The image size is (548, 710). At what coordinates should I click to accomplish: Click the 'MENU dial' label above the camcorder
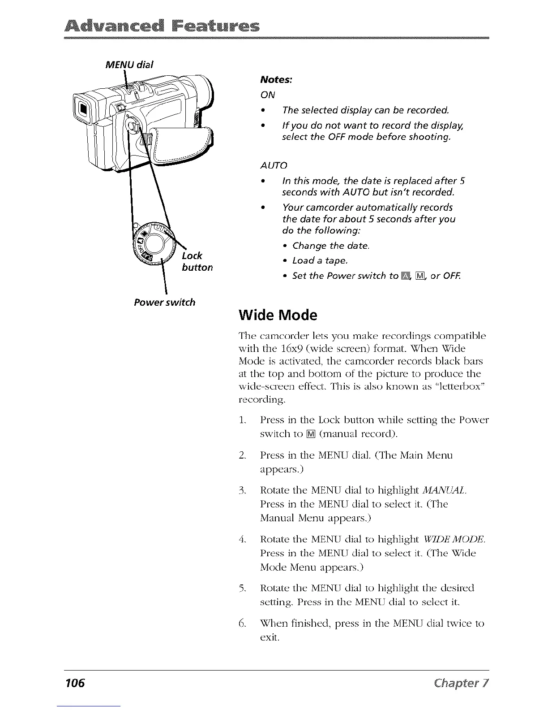[129, 65]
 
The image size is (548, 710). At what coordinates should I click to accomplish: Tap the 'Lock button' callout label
[197, 262]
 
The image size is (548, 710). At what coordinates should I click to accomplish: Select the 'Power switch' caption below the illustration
[165, 302]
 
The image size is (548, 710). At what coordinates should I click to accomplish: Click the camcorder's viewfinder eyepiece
[84, 109]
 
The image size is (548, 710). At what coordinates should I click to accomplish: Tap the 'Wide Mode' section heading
[278, 316]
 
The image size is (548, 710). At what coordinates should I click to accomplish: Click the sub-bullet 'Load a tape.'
[319, 260]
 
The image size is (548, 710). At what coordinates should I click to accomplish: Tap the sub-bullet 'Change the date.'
[330, 246]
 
